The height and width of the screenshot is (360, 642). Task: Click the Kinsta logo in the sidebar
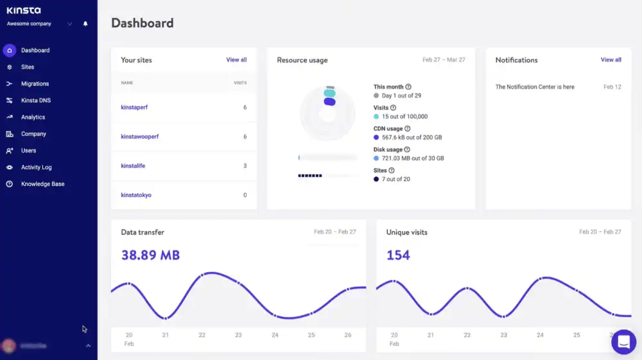(x=23, y=10)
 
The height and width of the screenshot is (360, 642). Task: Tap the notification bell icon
(x=85, y=24)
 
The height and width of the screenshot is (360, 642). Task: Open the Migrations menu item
(x=35, y=83)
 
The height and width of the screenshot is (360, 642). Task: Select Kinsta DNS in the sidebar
(x=35, y=100)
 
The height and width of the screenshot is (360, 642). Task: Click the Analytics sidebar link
(x=33, y=117)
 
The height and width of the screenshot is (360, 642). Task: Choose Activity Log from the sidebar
(x=36, y=167)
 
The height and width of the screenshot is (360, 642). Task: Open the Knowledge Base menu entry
(x=42, y=184)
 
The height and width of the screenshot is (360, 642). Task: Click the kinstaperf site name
(x=134, y=107)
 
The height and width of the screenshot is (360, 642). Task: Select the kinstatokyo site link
(x=136, y=194)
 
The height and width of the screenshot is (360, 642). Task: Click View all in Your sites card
(x=236, y=60)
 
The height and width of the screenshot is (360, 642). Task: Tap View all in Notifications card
(x=611, y=60)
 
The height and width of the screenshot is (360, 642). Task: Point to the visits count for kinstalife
(x=245, y=166)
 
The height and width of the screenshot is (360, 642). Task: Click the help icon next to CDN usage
(x=408, y=129)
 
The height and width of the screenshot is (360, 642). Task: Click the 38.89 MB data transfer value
(x=150, y=255)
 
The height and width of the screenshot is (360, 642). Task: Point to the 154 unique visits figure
(x=398, y=255)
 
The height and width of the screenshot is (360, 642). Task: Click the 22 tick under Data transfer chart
(x=202, y=335)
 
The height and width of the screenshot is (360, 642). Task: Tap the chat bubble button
(x=623, y=342)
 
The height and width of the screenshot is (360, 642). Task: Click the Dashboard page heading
(x=142, y=23)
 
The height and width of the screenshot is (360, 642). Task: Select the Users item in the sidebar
(x=28, y=150)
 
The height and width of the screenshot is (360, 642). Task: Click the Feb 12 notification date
(x=612, y=87)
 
